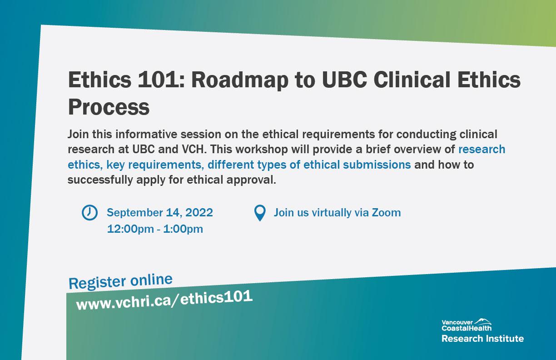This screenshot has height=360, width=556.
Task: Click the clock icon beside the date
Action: click(x=89, y=212)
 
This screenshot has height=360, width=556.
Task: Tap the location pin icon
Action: click(x=260, y=213)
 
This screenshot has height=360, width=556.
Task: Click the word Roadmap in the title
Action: click(x=240, y=80)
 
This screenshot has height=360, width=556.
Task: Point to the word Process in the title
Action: click(x=109, y=107)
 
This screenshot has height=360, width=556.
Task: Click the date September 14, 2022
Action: click(x=160, y=213)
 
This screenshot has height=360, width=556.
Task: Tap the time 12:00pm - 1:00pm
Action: click(x=155, y=229)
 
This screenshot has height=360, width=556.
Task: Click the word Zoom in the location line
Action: click(x=386, y=213)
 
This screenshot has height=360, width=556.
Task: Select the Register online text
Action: click(x=120, y=281)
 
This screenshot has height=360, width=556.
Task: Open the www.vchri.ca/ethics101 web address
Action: click(x=164, y=300)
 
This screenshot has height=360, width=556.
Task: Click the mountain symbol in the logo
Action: click(x=483, y=321)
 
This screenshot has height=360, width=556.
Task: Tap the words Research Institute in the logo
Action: click(x=482, y=339)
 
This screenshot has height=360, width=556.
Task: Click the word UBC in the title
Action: click(x=344, y=80)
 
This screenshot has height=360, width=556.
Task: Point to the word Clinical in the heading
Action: click(x=412, y=80)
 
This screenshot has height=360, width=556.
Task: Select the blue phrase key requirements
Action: click(x=154, y=165)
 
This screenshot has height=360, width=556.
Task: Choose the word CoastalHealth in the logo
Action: click(x=467, y=328)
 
